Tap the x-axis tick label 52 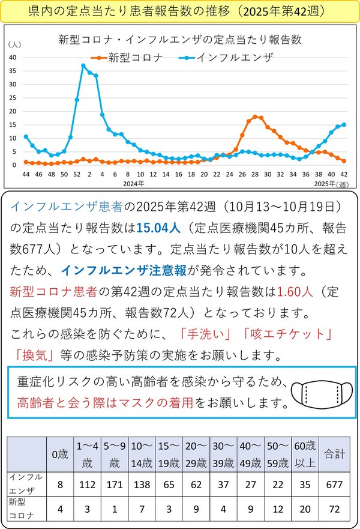pyautogui.click(x=76, y=174)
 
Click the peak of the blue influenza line pyautogui.click(x=83, y=65)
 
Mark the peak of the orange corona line pyautogui.click(x=255, y=116)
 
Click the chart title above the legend pyautogui.click(x=179, y=40)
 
